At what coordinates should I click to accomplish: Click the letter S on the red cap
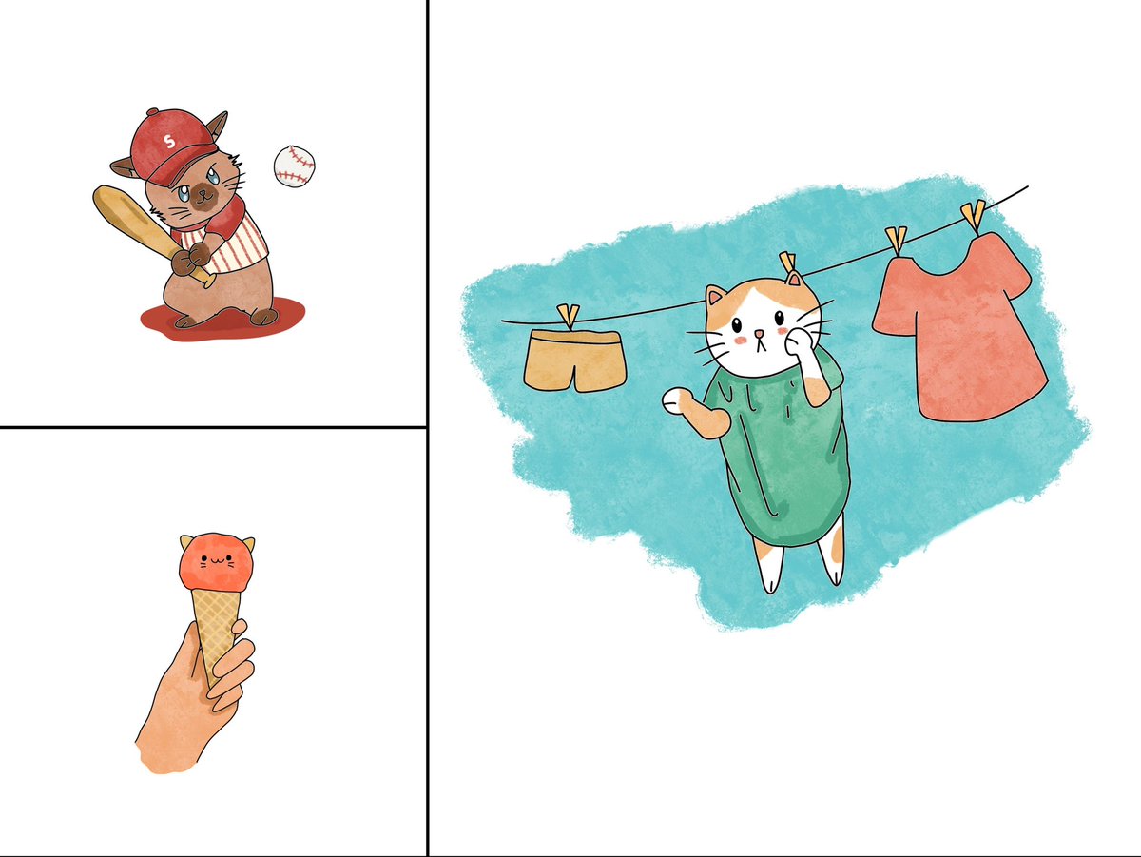coord(169,142)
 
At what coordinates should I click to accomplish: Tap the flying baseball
coord(293,166)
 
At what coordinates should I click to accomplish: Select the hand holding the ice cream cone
coord(190,704)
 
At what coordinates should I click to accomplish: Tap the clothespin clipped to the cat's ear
coord(788,265)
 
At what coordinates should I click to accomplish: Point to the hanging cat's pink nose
coord(758,334)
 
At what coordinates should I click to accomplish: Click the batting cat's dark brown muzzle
coord(202,198)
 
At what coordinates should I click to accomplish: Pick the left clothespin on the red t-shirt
coord(896,240)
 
